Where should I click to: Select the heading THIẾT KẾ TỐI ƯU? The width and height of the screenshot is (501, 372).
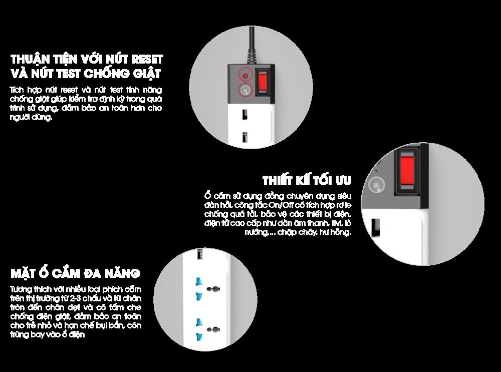[307, 180]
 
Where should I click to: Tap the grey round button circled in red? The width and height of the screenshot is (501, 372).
[245, 90]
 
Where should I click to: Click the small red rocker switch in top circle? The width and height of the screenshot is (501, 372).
[263, 82]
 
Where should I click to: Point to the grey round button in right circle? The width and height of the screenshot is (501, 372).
[376, 185]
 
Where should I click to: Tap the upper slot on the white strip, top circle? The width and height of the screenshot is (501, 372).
[244, 114]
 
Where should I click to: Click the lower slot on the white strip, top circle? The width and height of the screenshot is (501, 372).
[244, 138]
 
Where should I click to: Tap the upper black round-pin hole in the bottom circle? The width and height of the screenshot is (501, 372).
[213, 289]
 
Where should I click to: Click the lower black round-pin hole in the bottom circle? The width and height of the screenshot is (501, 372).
[213, 329]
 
